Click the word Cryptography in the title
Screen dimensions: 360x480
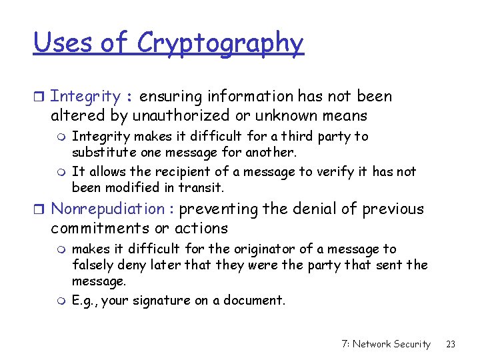click(x=220, y=43)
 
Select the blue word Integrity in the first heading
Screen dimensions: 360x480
click(x=85, y=97)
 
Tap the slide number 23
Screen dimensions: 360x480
click(x=451, y=344)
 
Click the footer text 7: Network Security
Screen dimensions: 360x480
click(x=385, y=344)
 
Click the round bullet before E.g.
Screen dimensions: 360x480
click(x=62, y=301)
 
